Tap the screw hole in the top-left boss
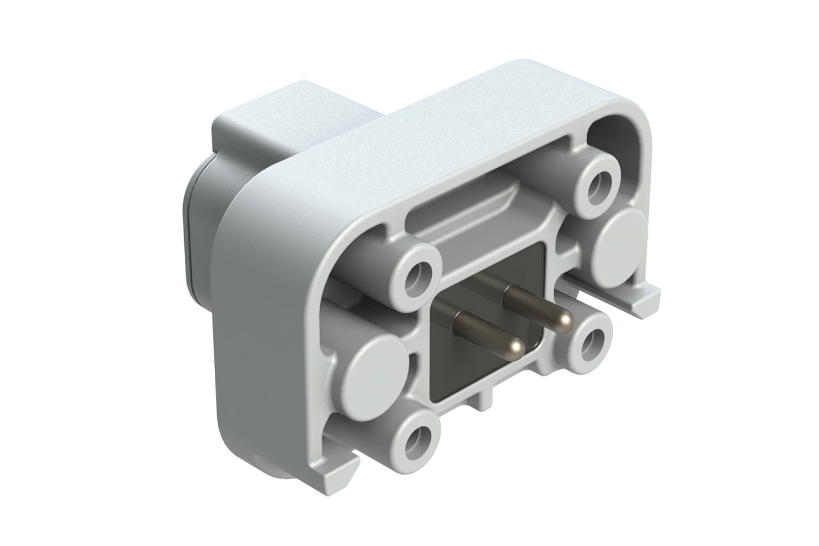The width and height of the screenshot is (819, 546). pos(418,274)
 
